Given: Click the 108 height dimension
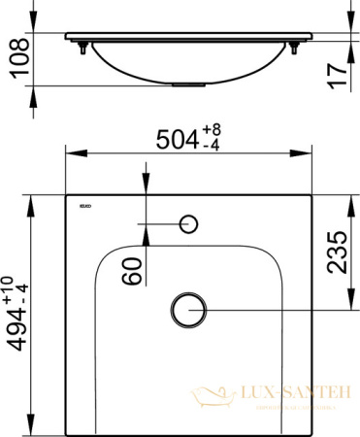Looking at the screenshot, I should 13,60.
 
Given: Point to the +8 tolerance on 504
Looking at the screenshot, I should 217,128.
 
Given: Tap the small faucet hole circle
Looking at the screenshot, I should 190,224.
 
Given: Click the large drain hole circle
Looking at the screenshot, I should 186,309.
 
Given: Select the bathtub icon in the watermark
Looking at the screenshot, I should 208,396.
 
